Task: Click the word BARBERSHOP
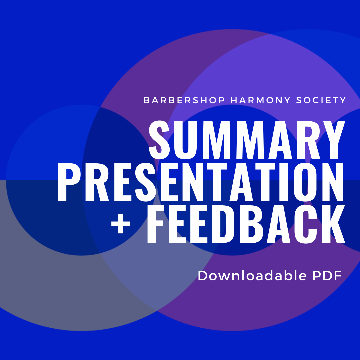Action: tap(184, 100)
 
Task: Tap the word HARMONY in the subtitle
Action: tap(261, 100)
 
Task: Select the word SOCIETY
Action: tap(321, 100)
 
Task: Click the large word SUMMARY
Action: tap(247, 140)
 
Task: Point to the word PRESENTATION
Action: tap(200, 182)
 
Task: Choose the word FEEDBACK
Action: tap(246, 224)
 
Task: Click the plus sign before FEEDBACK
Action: tap(121, 224)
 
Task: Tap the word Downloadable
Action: tap(252, 276)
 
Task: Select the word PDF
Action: tap(327, 276)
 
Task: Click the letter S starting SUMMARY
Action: tap(159, 140)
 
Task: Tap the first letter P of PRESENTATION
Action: tap(68, 182)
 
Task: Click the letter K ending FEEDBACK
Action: tap(334, 224)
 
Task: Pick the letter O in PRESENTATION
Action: tap(305, 182)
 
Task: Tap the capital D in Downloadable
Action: tap(203, 276)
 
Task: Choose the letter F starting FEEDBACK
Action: tap(155, 224)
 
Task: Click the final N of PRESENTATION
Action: tap(332, 182)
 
